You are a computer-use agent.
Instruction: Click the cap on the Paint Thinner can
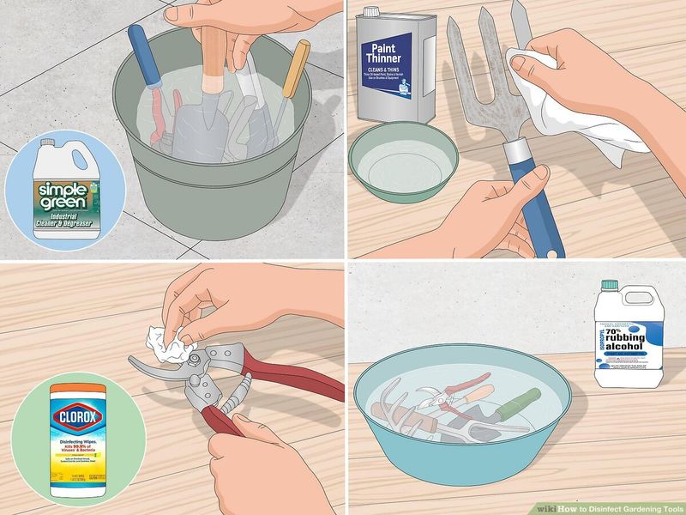point(371,12)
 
